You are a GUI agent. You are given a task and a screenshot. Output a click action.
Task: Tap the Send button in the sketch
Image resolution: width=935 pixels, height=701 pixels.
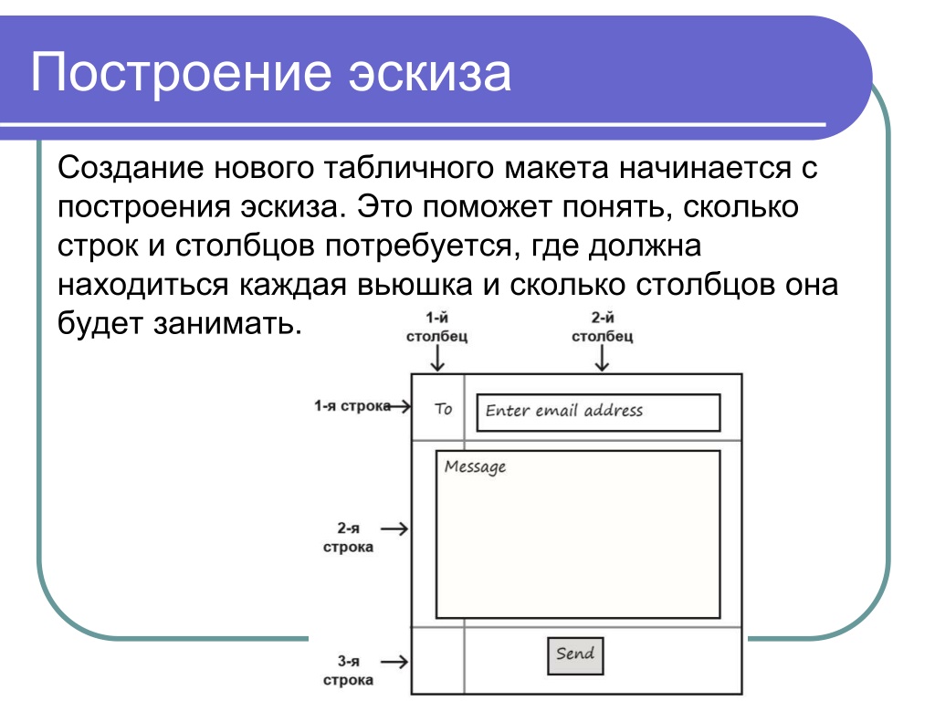pos(575,655)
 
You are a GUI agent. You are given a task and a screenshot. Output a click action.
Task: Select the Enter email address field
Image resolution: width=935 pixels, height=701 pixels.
pos(598,412)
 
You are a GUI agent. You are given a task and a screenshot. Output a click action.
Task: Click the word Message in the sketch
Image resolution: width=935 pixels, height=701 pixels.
pos(475,466)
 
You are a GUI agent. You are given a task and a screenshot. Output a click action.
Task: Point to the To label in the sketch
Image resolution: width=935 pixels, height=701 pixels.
pos(443,409)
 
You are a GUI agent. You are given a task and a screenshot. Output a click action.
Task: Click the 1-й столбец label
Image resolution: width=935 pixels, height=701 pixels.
pos(437,328)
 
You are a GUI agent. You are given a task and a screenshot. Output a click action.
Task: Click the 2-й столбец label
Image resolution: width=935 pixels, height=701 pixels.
pos(603,328)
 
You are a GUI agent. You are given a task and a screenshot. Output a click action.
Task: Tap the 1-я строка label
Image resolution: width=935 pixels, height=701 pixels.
pos(352,406)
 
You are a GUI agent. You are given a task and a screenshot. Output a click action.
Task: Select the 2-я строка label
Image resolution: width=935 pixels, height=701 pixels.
pos(348,537)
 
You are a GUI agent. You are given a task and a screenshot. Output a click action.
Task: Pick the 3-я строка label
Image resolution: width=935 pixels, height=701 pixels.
pos(348,670)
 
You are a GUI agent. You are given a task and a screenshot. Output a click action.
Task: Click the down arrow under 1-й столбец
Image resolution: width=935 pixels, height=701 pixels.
pos(437,358)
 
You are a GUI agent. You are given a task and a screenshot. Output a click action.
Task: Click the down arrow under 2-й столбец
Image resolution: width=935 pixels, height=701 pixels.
pos(603,358)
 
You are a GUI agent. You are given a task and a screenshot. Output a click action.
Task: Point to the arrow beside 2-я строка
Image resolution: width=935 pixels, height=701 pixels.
pos(394,528)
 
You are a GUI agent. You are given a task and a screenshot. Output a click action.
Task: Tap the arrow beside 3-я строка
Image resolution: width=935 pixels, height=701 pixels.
pos(394,662)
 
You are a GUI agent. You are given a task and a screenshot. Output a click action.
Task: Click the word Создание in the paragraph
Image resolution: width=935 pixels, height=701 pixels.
pos(131,168)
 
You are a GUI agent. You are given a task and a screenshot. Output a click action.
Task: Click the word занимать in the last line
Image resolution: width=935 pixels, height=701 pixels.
pos(227,323)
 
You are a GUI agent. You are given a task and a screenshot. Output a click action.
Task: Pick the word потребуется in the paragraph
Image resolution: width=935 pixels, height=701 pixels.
pos(418,246)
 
